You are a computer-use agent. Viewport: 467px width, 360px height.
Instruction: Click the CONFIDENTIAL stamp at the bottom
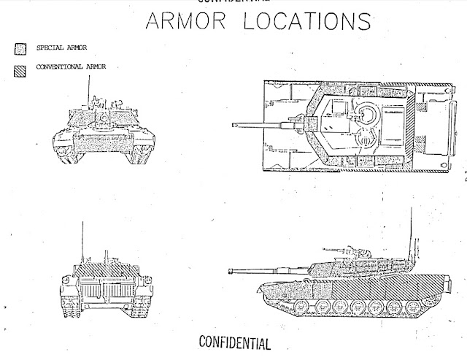click(x=233, y=342)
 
